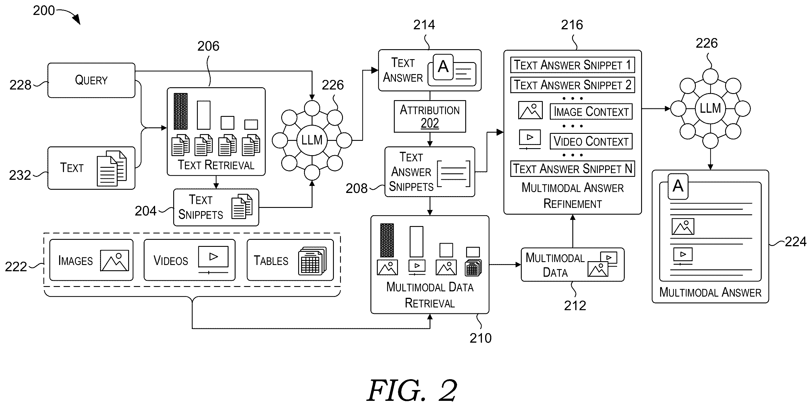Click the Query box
[x=91, y=80]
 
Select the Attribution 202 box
[x=430, y=117]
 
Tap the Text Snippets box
[x=216, y=207]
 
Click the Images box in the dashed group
[x=91, y=260]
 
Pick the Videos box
[x=189, y=260]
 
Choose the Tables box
[x=290, y=260]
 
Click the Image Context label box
[x=591, y=111]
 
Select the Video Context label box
[x=591, y=141]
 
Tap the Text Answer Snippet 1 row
[x=572, y=65]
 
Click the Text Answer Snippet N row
[x=572, y=168]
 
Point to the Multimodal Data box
[x=572, y=264]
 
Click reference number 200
[x=44, y=11]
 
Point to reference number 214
[x=424, y=25]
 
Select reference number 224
[x=795, y=242]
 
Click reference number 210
[x=480, y=338]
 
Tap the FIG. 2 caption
[x=412, y=390]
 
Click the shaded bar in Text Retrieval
[x=181, y=111]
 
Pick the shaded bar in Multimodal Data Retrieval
[x=387, y=240]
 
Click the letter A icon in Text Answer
[x=443, y=67]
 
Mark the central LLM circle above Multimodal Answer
[x=710, y=109]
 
